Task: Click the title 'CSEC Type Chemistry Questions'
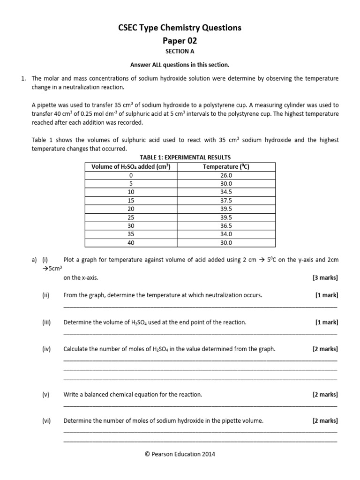180,28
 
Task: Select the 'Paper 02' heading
180,40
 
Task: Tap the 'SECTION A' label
180,52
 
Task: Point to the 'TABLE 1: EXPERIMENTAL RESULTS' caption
180,157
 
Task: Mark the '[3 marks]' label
325,277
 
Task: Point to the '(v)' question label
45,395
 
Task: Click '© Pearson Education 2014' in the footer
180,454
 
